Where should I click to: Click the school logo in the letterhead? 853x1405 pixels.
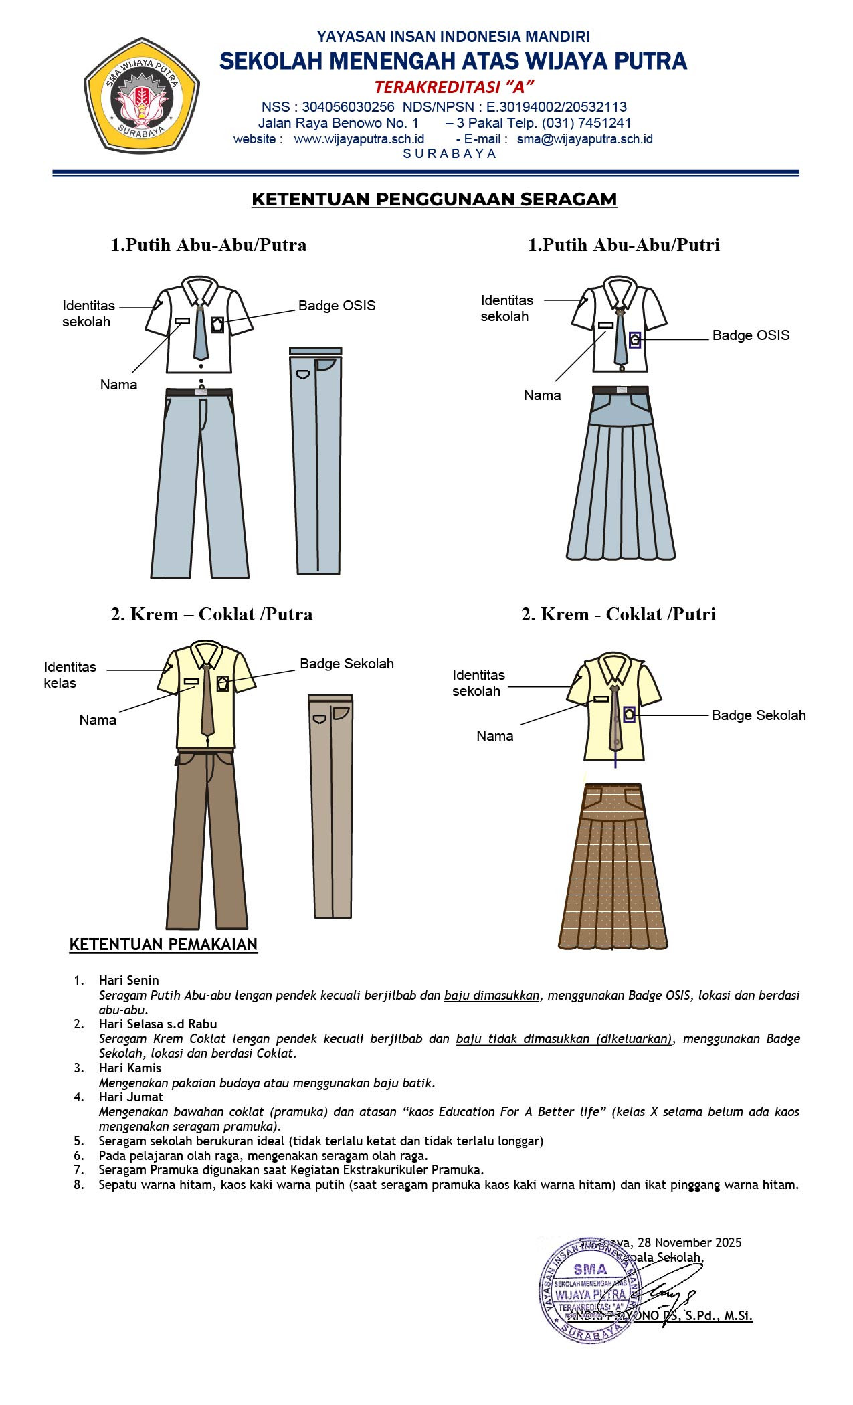click(x=141, y=95)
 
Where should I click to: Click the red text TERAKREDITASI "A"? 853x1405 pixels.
click(x=454, y=87)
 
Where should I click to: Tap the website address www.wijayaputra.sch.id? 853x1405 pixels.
click(x=359, y=139)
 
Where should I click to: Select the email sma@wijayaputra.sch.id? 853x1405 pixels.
click(x=584, y=139)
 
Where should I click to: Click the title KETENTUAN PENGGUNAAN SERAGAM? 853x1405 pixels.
click(x=434, y=199)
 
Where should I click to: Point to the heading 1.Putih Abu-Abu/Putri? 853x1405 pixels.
click(x=624, y=245)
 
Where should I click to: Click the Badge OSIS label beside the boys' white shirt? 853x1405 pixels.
click(x=337, y=306)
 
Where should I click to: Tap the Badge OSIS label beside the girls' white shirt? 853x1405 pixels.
click(x=751, y=335)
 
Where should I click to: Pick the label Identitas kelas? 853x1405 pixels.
click(x=70, y=675)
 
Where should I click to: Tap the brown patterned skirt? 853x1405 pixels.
click(x=613, y=876)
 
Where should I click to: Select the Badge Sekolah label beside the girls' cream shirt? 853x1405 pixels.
click(x=758, y=715)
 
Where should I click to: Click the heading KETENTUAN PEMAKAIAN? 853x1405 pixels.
click(x=163, y=945)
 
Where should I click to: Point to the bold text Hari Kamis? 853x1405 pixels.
click(x=130, y=1068)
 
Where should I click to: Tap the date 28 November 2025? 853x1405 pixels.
click(x=689, y=1242)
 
